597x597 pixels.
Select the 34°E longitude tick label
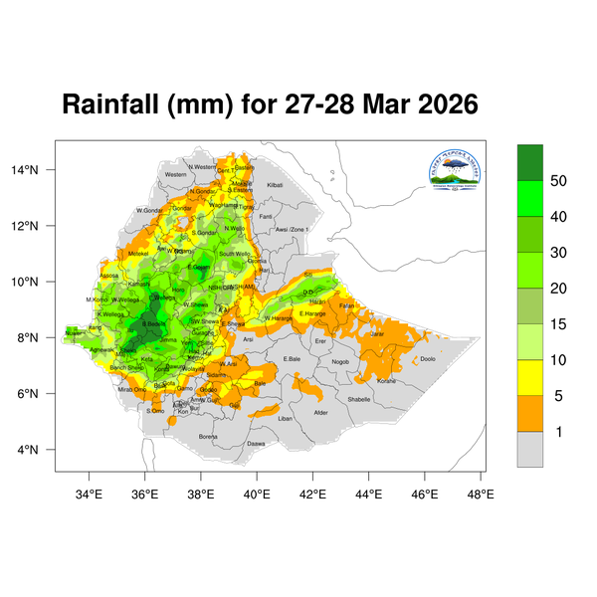pyautogui.click(x=90, y=492)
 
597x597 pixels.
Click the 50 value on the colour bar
pyautogui.click(x=559, y=180)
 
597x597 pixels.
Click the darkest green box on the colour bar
pyautogui.click(x=530, y=161)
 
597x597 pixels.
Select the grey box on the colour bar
pyautogui.click(x=530, y=449)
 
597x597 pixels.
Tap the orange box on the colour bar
pyautogui.click(x=530, y=413)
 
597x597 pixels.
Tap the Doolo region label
pyautogui.click(x=428, y=358)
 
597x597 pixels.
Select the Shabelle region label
pyautogui.click(x=358, y=399)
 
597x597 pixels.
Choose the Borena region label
pyautogui.click(x=208, y=436)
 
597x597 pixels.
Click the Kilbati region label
pyautogui.click(x=275, y=185)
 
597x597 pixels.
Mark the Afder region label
pyautogui.click(x=320, y=412)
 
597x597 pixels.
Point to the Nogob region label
pyautogui.click(x=340, y=361)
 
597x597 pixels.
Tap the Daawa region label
pyautogui.click(x=256, y=443)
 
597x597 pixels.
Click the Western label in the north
pyautogui.click(x=176, y=174)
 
